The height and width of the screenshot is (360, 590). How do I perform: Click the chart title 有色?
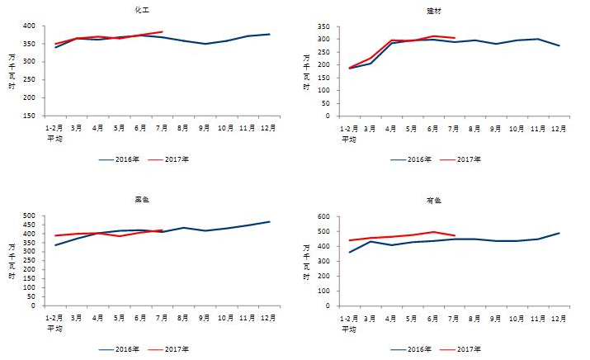coord(436,200)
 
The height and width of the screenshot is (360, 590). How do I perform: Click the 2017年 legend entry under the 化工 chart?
coord(177,159)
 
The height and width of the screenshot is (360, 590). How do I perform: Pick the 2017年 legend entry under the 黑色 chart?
coord(177,349)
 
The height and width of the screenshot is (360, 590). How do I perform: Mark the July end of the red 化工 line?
coord(163,31)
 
